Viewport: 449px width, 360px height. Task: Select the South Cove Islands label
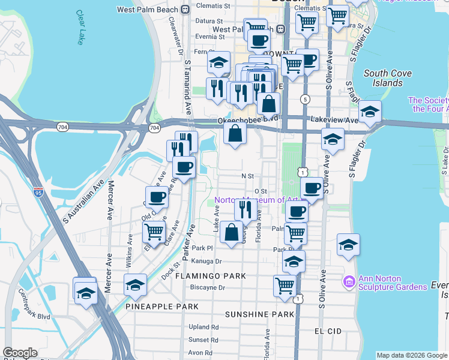[384, 78]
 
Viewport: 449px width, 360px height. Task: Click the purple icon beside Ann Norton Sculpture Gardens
[348, 281]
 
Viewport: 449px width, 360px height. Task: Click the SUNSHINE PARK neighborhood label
[259, 314]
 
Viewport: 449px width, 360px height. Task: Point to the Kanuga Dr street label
[207, 262]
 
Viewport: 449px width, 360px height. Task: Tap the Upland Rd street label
[203, 328]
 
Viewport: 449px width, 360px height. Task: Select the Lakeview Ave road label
[334, 121]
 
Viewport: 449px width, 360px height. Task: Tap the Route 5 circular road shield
[306, 98]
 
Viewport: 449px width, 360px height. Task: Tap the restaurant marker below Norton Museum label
[246, 209]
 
